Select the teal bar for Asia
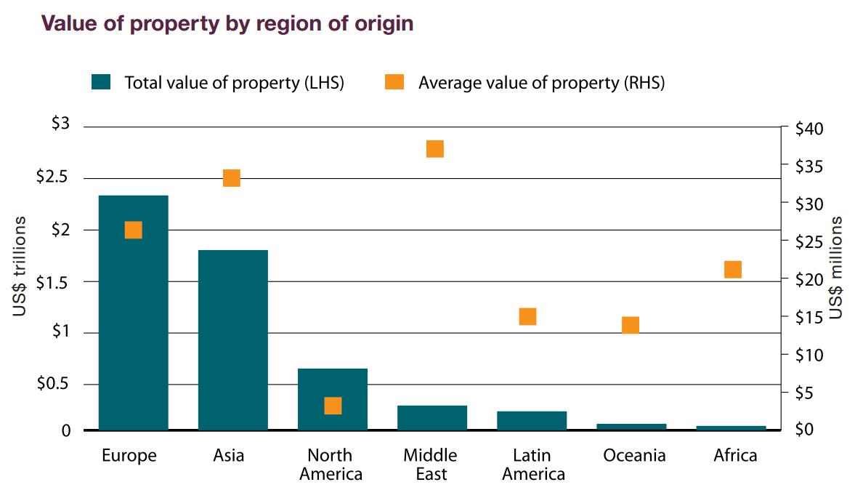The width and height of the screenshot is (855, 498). (232, 340)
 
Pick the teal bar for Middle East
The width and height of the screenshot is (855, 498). (432, 417)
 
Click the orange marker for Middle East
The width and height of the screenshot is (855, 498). (435, 149)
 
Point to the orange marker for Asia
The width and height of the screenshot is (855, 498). (232, 178)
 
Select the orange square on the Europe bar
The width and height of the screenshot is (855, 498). (133, 230)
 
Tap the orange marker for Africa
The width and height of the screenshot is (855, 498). (733, 270)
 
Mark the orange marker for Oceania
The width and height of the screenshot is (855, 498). (631, 325)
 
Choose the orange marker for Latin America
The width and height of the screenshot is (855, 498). (527, 316)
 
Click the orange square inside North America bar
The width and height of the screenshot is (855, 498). (333, 406)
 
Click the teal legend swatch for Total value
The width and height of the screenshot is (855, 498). (100, 82)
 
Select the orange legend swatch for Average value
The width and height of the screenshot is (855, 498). (394, 82)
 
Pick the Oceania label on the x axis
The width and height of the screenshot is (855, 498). (634, 456)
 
